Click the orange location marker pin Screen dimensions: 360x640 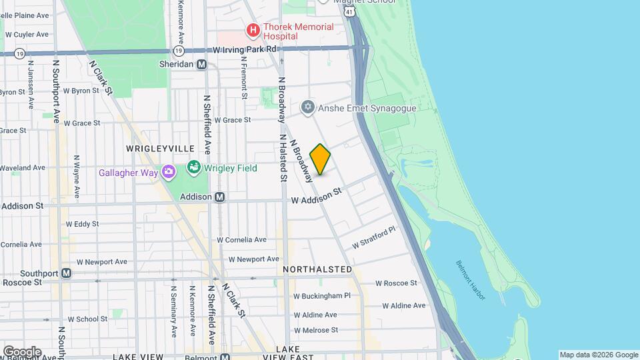coord(321,159)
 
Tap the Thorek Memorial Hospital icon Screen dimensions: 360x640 coord(253,30)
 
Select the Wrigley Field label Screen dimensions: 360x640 coord(231,168)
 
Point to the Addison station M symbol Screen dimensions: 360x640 coord(219,197)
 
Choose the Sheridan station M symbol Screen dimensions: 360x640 coord(201,64)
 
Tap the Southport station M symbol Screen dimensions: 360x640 coord(66,273)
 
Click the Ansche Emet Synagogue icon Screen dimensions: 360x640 coord(307,107)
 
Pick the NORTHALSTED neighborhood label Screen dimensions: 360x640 coord(317,269)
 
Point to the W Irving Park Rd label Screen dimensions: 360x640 coord(245,49)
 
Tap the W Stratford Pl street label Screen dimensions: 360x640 coord(374,237)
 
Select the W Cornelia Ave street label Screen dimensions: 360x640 coord(242,240)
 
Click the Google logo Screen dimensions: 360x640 coord(21,351)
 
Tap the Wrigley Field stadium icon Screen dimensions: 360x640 coord(194,167)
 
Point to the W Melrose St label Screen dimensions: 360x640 coord(315,330)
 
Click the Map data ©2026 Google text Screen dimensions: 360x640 coord(598,355)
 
